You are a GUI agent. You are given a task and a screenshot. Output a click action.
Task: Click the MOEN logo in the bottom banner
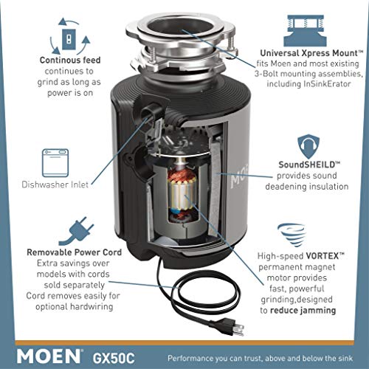pos(49,356)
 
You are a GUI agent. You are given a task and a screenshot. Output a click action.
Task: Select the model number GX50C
pos(114,358)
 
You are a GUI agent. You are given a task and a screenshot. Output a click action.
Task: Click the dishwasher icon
pos(55,162)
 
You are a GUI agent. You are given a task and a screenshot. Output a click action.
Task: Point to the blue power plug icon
pos(77,231)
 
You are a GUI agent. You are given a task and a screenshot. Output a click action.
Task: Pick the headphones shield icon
pos(308,147)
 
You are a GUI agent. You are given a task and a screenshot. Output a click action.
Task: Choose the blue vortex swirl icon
pos(292,235)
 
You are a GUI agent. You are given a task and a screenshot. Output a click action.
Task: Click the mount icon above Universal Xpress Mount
pos(306,30)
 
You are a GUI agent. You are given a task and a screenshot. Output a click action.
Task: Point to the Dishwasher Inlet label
pos(55,184)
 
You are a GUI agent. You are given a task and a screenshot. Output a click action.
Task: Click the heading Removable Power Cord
pos(74,252)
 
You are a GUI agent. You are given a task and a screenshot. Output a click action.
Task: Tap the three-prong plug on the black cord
pos(231,326)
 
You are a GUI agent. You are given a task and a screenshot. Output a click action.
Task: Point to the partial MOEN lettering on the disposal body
pos(239,176)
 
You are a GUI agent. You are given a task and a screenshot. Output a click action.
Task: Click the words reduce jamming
pos(303,311)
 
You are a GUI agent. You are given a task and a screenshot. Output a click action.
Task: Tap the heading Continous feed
pos(70,61)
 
